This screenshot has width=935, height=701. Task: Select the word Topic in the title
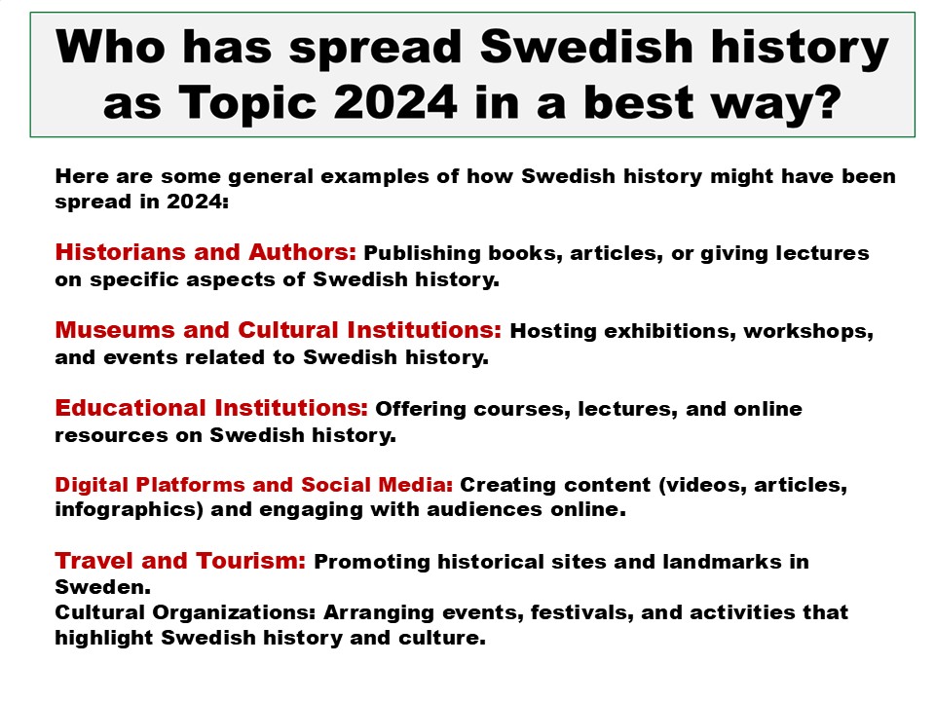coord(246,102)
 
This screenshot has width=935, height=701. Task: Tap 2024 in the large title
coord(395,102)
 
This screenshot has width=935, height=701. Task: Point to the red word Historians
coord(121,252)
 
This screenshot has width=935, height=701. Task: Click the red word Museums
coord(115,330)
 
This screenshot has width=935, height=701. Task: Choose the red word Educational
coord(131,408)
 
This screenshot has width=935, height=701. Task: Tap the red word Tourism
coord(251,561)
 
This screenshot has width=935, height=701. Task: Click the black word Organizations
coord(234,612)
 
